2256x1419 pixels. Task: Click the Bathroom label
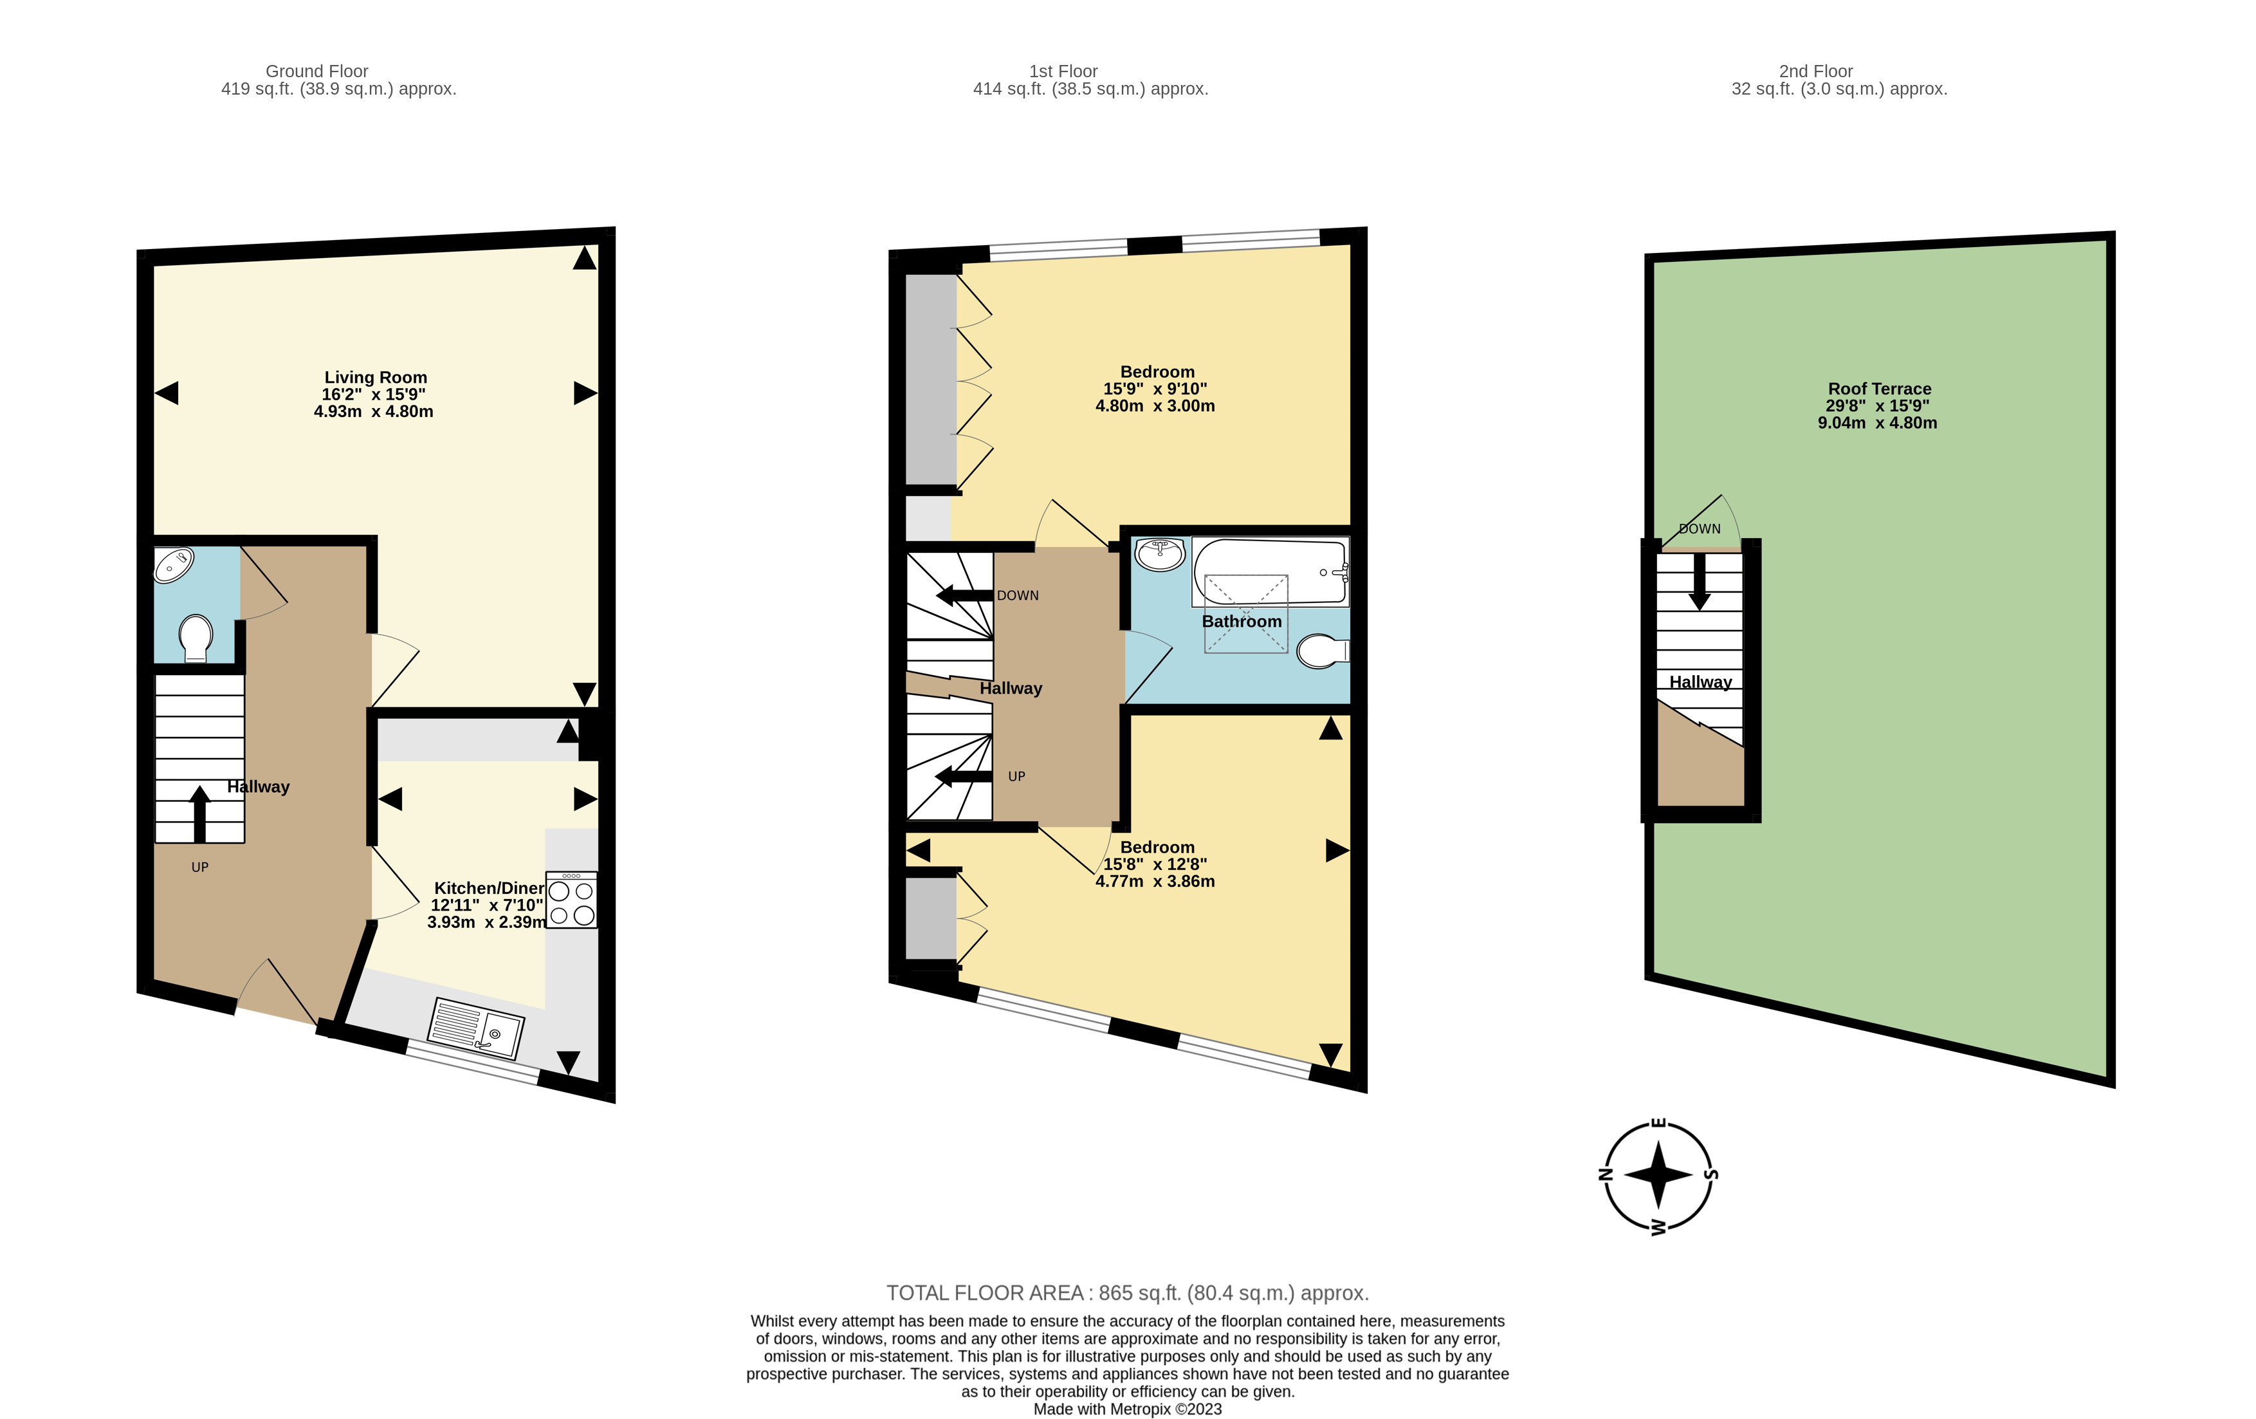click(1242, 622)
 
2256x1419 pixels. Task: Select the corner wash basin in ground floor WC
click(174, 565)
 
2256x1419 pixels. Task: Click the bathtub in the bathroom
click(1271, 571)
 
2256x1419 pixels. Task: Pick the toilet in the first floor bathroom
click(1323, 651)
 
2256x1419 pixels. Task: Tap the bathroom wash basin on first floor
click(1160, 554)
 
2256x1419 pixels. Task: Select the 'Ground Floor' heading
click(316, 71)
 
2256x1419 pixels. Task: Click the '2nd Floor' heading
click(1815, 71)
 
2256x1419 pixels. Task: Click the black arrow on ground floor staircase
click(199, 813)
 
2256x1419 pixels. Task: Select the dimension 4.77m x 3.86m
click(1155, 882)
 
